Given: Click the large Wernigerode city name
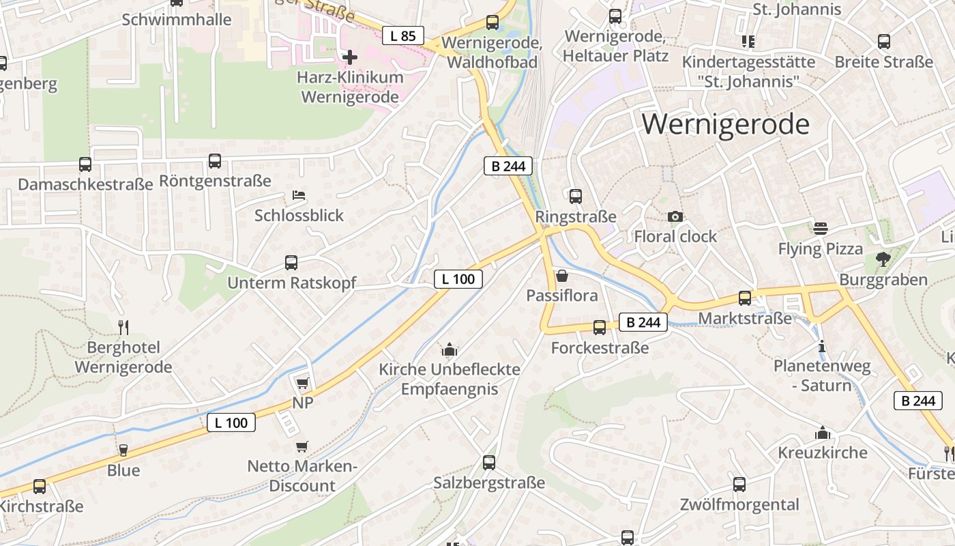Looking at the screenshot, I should coord(726,124).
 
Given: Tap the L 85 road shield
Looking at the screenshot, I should coord(402,35).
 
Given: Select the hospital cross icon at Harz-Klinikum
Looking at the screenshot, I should coord(350,57).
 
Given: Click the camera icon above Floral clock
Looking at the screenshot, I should coord(675,216).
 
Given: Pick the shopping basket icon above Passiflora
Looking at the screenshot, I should coord(562,276).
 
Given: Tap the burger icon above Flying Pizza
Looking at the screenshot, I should coord(821,228).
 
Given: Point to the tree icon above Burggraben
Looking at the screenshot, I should coord(883,259).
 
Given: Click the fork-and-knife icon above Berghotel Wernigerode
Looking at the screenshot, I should coord(123,327).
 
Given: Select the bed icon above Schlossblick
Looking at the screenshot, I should coord(299,195).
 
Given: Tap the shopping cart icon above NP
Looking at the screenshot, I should coord(302,383).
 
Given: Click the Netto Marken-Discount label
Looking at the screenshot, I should coord(302,476).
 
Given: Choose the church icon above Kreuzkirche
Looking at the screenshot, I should coord(823,433).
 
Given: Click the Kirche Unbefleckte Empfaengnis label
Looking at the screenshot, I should coord(450,379).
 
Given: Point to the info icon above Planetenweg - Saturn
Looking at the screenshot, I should coord(822,346).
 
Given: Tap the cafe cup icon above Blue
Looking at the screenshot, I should coord(123,450).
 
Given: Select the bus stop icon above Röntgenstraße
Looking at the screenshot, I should coord(215,161).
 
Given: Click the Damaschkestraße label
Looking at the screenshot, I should coord(85,184).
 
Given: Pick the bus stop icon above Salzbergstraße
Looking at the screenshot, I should coord(489,463).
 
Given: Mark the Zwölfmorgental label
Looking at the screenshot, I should coord(739,505).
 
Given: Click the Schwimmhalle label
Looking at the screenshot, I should coord(177,19).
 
